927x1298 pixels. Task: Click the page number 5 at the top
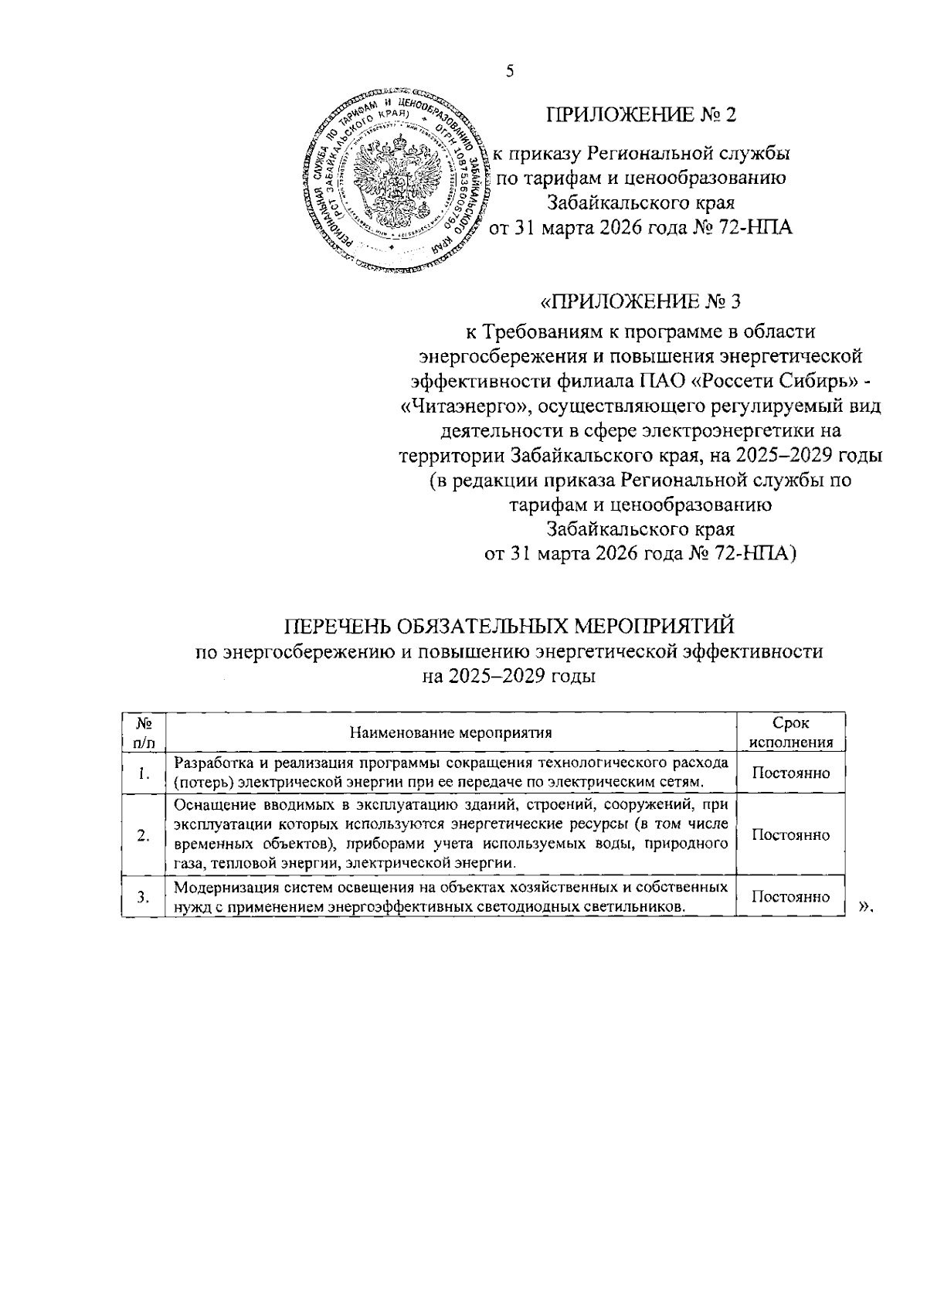[x=509, y=72]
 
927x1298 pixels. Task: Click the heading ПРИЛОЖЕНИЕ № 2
[x=641, y=115]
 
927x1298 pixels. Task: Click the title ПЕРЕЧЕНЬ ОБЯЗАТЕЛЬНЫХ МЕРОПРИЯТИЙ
[x=510, y=624]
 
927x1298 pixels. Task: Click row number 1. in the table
[x=144, y=773]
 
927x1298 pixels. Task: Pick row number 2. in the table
[x=143, y=835]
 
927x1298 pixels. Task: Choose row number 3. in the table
[x=143, y=897]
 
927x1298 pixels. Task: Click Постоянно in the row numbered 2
[x=791, y=835]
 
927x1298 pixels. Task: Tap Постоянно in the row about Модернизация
[x=791, y=896]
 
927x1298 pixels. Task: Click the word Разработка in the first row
[x=213, y=763]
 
